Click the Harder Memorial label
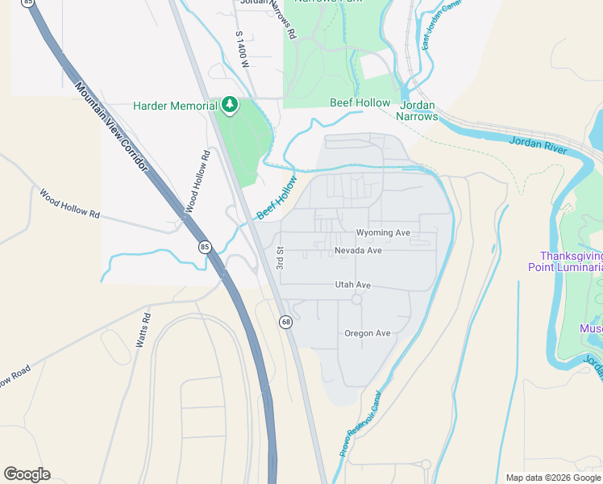click(x=175, y=106)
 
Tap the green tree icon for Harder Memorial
click(x=230, y=105)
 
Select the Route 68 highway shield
click(x=285, y=322)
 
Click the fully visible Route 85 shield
click(x=206, y=247)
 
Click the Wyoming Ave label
click(x=384, y=232)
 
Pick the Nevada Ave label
click(x=358, y=250)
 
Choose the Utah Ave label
click(x=353, y=285)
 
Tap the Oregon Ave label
click(x=367, y=333)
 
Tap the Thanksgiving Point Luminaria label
click(x=565, y=261)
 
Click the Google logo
click(x=27, y=474)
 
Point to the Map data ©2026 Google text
click(x=553, y=478)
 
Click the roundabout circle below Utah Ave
click(x=356, y=300)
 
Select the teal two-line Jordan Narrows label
click(x=417, y=111)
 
